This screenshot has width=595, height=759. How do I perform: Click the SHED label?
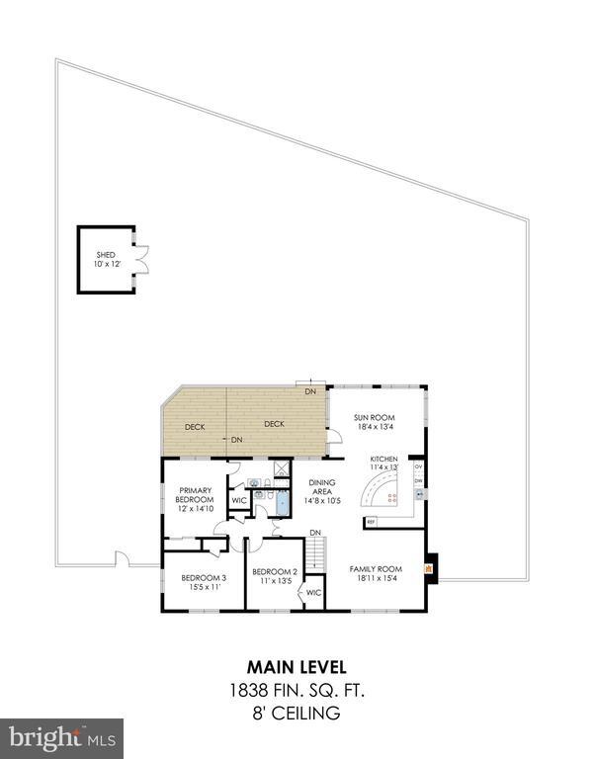105,255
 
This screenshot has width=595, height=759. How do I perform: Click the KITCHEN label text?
383,460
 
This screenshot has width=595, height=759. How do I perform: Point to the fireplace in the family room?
429,569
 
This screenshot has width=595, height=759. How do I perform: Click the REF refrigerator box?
372,521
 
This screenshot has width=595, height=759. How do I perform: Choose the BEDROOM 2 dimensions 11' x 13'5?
274,581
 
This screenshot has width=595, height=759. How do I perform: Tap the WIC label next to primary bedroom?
238,500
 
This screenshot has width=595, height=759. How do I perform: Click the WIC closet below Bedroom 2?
313,593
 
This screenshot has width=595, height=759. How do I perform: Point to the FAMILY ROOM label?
377,569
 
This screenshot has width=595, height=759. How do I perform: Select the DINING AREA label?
322,487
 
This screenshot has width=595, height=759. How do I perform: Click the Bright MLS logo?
61,737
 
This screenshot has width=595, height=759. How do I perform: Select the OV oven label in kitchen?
419,465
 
